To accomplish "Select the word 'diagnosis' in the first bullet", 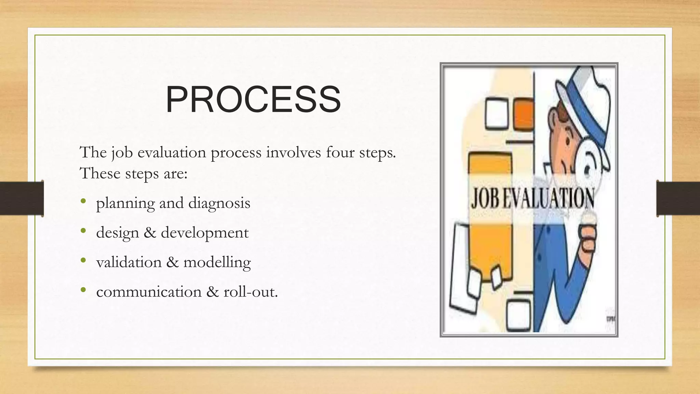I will point(219,203).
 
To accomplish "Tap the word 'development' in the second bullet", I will point(205,233).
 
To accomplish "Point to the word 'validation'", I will point(129,262).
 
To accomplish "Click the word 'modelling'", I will point(217,263).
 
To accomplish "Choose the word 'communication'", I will point(149,292).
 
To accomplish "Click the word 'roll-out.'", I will point(251,292).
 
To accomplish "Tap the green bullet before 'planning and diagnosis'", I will point(83,202).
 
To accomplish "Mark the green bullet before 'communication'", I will point(83,290).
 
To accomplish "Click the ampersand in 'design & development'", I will point(150,233).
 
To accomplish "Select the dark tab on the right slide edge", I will point(678,198).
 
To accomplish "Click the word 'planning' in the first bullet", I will point(125,203).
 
